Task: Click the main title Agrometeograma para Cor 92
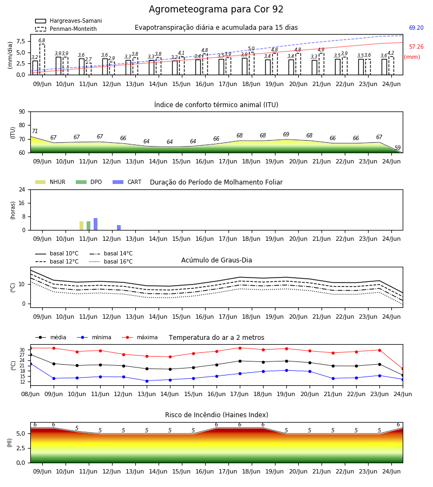216,9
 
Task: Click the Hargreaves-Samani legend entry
68,21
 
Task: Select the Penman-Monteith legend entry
66,29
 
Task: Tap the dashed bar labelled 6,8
42,60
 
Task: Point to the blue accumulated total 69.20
416,28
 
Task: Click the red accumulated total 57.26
416,47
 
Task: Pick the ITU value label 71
35,131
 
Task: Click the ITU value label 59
398,148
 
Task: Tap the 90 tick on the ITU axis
22,112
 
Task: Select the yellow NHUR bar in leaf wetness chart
81,226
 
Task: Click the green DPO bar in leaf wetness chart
89,226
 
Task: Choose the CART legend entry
127,182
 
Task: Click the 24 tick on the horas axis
22,189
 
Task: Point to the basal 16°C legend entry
111,261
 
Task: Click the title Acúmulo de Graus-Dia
216,260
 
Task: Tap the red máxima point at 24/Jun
403,369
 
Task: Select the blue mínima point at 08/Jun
30,364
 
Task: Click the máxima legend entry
140,337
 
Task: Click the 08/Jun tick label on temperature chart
30,394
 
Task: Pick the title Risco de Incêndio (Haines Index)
216,415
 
